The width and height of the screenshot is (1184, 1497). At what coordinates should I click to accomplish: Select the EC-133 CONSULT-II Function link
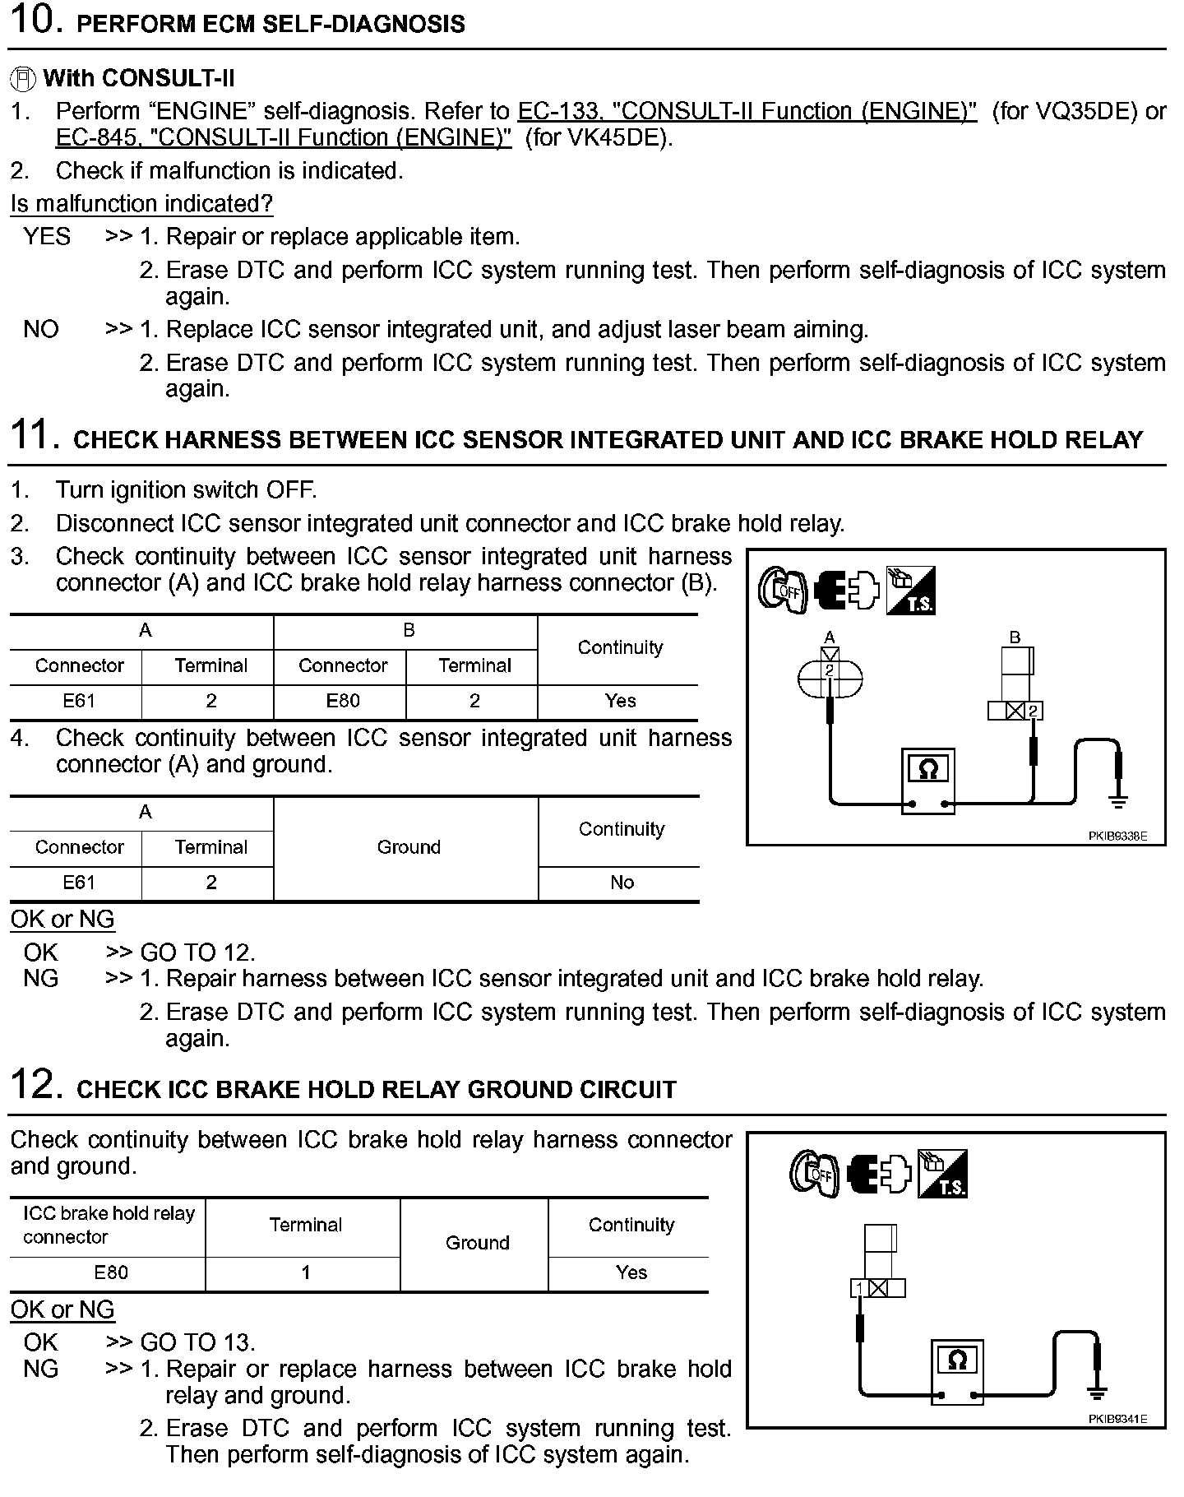[747, 111]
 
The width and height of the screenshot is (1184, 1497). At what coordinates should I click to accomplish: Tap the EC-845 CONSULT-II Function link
[284, 137]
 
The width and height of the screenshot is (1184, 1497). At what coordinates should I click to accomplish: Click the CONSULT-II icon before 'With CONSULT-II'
[23, 79]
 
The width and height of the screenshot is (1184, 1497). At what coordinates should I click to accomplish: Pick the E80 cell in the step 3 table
[343, 701]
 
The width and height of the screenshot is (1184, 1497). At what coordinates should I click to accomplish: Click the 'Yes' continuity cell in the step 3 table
[620, 701]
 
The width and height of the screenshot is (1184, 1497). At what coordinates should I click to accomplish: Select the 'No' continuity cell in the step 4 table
[622, 883]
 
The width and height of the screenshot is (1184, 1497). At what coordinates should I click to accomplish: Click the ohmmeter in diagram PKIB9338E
[927, 781]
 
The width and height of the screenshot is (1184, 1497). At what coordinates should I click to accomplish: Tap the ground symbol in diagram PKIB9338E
[1118, 800]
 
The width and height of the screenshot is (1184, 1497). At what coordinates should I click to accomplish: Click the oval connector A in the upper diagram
[830, 677]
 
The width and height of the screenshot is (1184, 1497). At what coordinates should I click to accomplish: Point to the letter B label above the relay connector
[1015, 637]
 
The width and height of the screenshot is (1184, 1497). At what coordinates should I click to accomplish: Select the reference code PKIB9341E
[1117, 1419]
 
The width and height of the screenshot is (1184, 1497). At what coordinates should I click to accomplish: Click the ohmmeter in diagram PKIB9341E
[957, 1370]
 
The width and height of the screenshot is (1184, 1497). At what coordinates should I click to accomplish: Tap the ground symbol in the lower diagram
[1096, 1392]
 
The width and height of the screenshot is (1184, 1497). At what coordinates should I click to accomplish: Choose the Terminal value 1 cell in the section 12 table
[305, 1272]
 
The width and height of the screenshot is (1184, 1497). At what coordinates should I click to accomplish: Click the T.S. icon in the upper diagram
[910, 591]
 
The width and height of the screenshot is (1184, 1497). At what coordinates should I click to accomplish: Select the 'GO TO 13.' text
[197, 1342]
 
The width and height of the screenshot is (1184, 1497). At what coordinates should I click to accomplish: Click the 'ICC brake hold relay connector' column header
[108, 1225]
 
